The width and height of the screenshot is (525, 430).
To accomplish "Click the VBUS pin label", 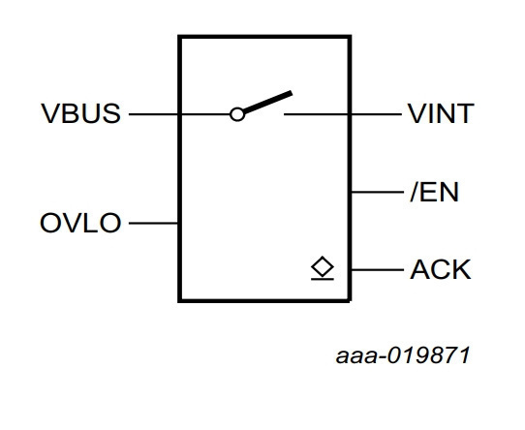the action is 80,113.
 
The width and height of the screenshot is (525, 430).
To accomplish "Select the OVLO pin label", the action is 80,223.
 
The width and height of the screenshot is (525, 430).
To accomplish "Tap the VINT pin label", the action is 441,113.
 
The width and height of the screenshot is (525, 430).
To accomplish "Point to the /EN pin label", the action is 434,192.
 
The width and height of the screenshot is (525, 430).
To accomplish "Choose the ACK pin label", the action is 441,269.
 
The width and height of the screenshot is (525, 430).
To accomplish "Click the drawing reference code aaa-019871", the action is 403,355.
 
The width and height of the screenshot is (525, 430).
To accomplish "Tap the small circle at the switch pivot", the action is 237,114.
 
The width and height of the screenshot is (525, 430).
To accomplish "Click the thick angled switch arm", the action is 268,102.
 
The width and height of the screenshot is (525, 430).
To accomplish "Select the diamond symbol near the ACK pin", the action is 323,267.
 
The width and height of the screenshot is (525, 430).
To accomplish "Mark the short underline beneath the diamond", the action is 323,279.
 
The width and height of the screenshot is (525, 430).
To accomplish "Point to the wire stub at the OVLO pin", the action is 153,223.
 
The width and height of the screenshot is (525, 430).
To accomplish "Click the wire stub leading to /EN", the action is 378,192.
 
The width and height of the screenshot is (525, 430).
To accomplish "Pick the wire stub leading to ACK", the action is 378,269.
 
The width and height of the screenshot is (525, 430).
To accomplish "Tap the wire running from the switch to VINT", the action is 343,114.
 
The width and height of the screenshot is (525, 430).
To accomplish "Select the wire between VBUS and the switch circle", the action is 179,114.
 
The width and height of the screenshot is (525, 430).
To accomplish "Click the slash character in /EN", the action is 415,192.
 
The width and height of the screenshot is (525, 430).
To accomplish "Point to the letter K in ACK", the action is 462,269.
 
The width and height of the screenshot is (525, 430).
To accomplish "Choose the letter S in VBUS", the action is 111,113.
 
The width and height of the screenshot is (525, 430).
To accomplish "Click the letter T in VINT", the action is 465,113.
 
